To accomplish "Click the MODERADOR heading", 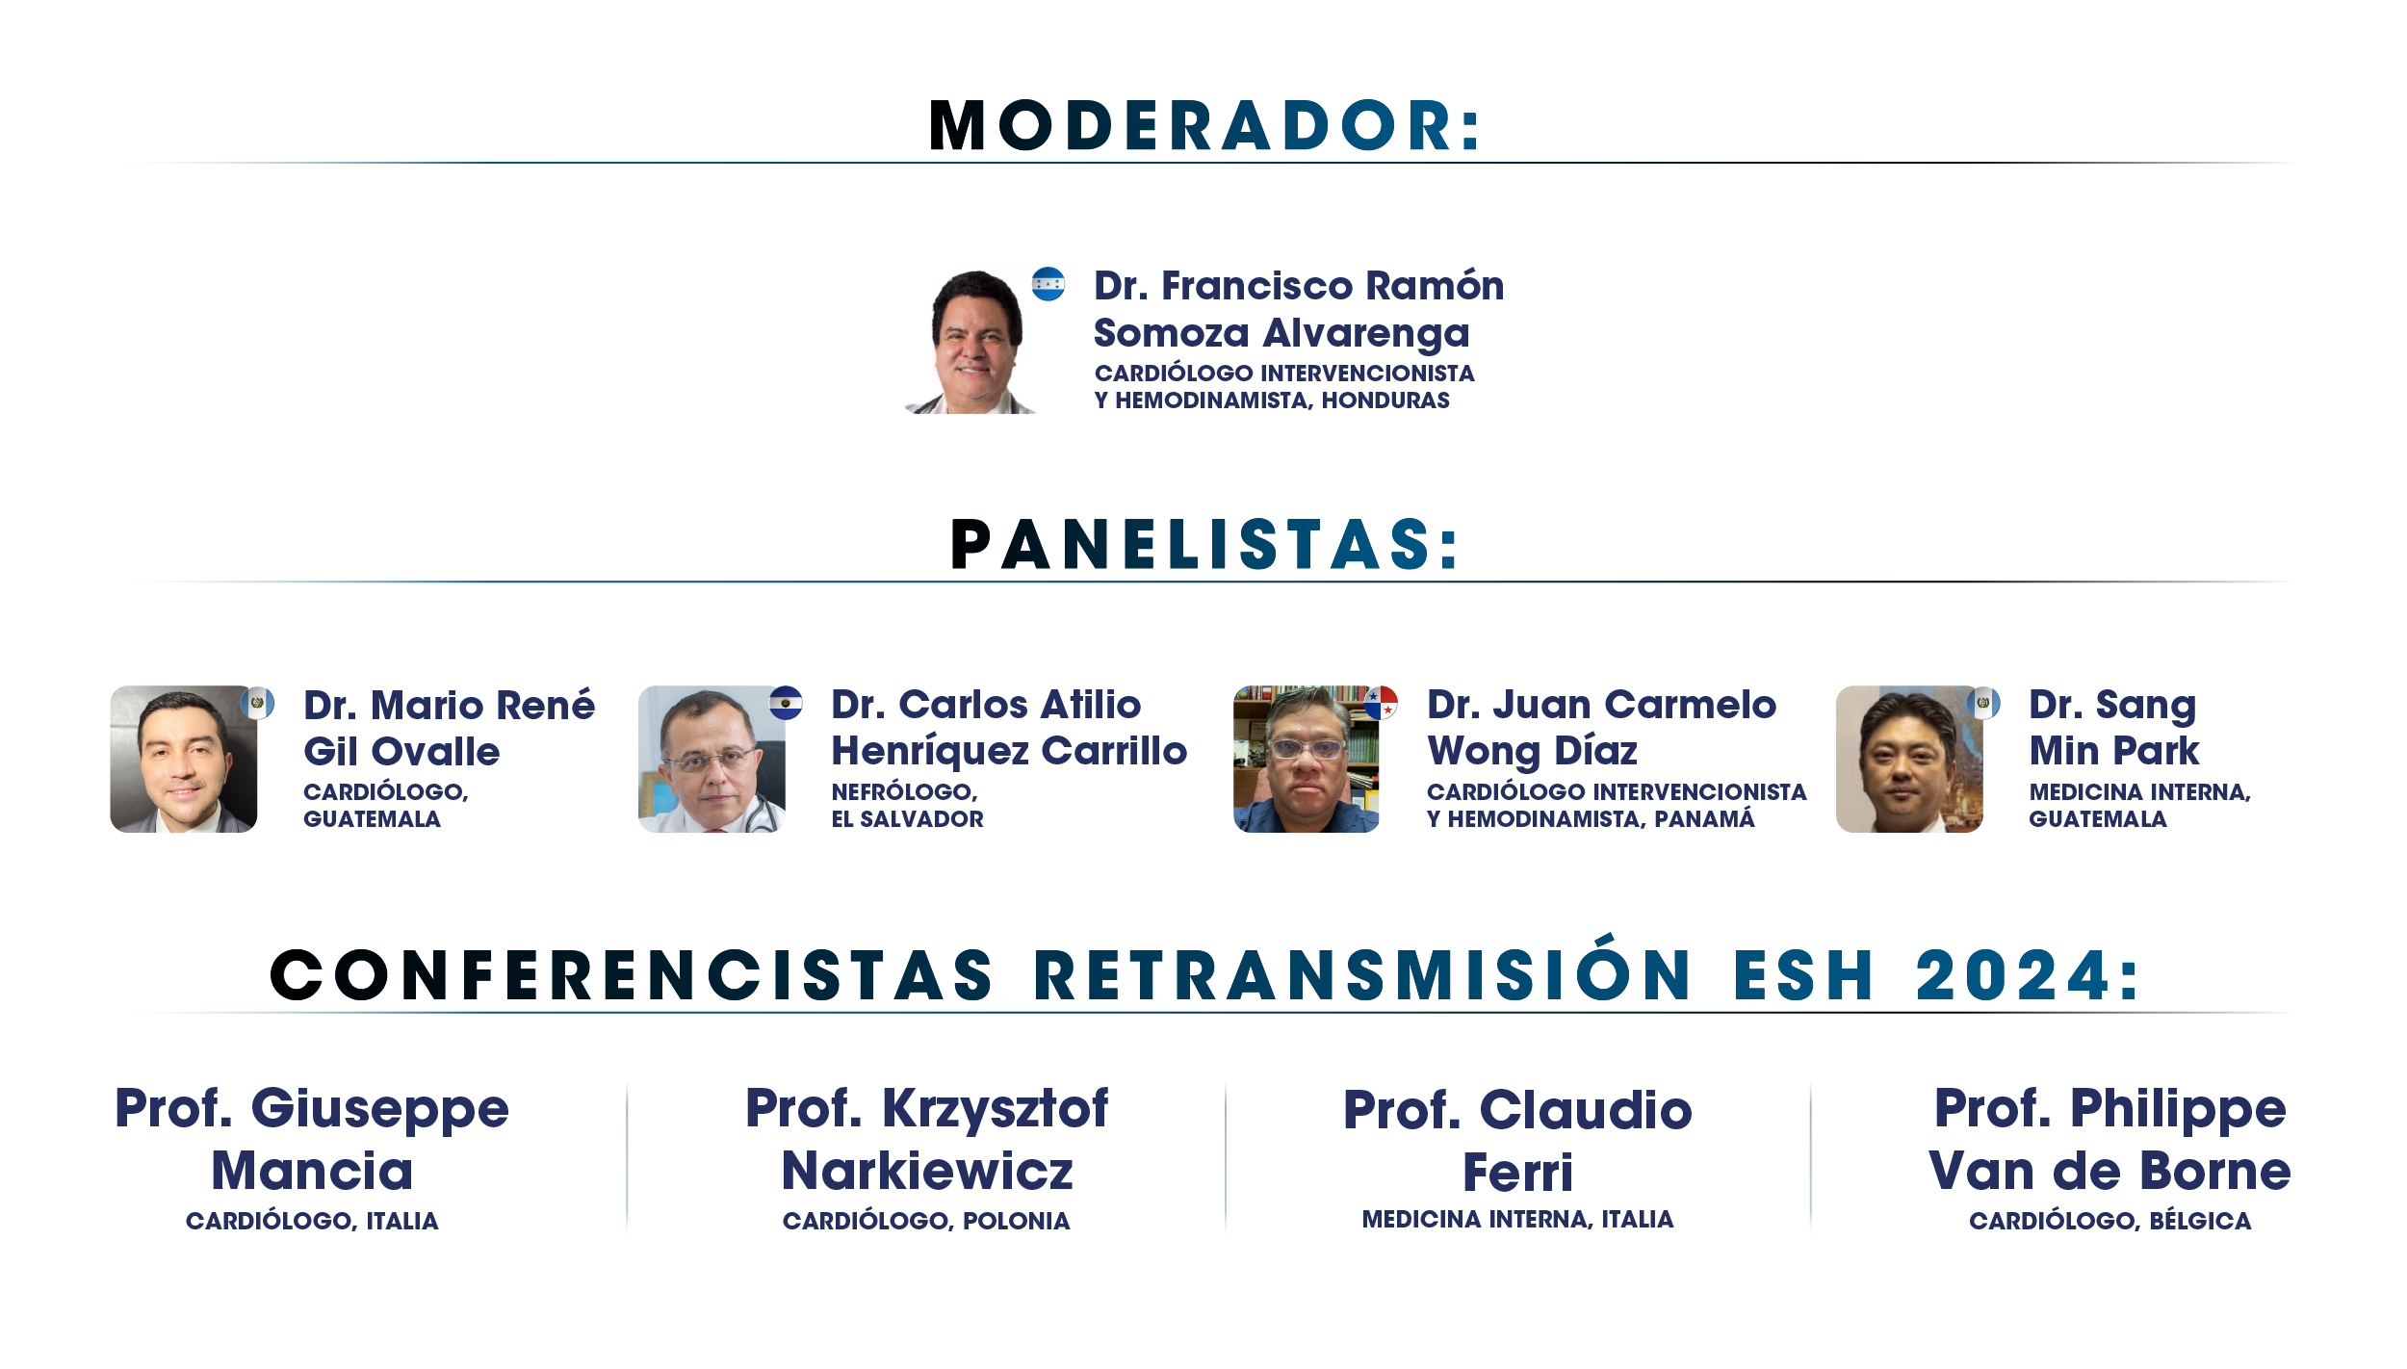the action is click(x=1204, y=125).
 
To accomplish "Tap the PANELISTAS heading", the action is click(x=1204, y=544).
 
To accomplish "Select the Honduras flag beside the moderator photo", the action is click(x=1048, y=284).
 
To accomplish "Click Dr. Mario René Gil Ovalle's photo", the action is click(x=184, y=759).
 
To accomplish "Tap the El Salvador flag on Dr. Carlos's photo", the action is click(x=786, y=703).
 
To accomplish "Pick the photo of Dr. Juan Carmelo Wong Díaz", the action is click(x=1307, y=759).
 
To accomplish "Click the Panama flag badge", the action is click(x=1381, y=703).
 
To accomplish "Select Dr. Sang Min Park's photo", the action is click(x=1909, y=759).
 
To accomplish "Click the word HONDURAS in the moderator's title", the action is click(x=1385, y=400).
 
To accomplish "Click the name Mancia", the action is click(x=312, y=1171).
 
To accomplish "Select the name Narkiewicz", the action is click(x=927, y=1171).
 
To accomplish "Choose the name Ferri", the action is click(x=1518, y=1173).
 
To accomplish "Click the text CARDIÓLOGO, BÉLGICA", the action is click(x=2110, y=1221).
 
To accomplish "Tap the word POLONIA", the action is click(x=1017, y=1221).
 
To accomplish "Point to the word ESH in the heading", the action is click(x=1803, y=975).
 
